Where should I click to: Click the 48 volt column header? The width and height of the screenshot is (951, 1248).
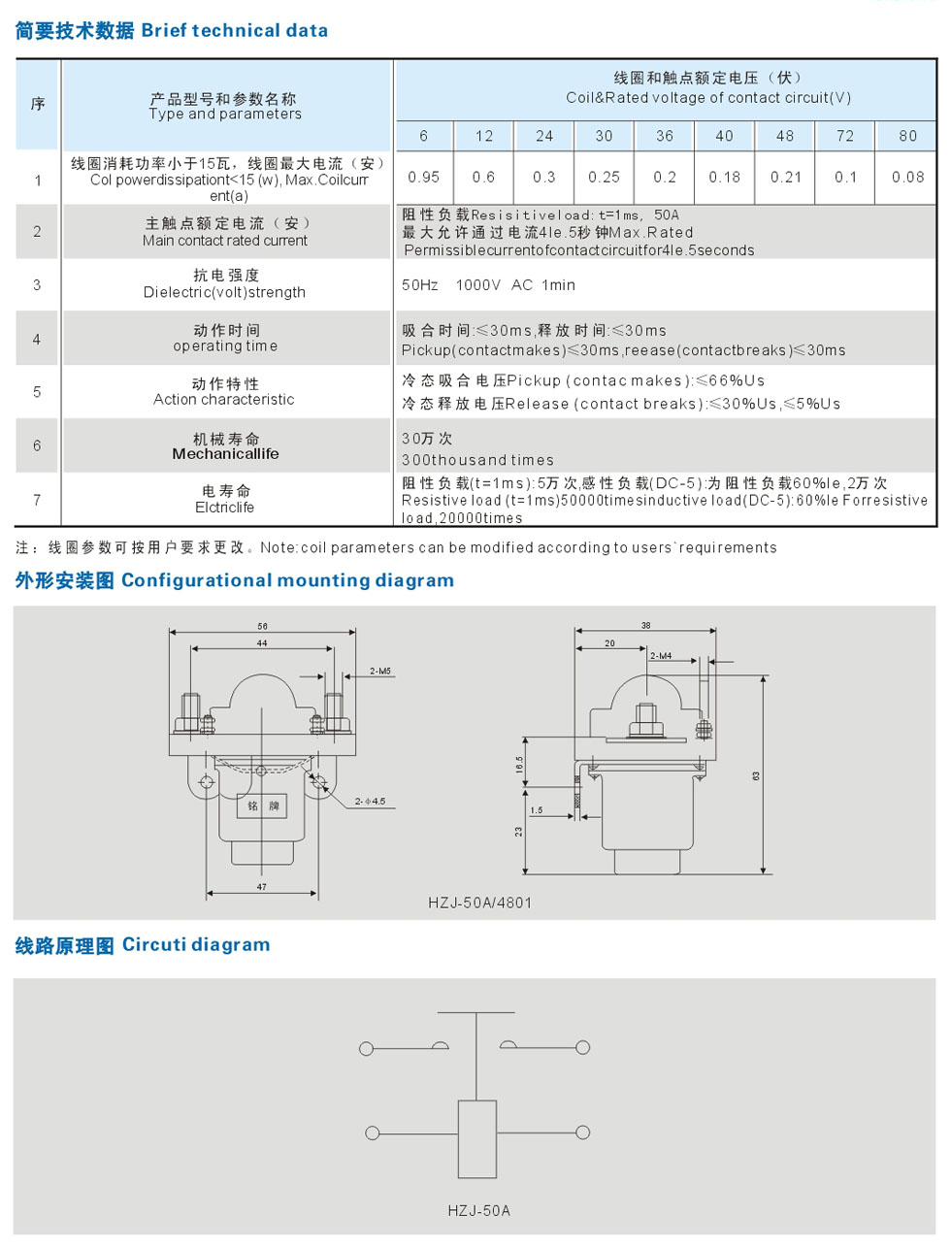785,136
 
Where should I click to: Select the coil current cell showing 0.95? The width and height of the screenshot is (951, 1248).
423,177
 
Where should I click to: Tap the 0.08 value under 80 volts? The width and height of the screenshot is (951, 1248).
907,177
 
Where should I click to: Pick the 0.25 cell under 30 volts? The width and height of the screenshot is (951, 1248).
604,177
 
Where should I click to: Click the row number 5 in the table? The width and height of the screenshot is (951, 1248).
37,392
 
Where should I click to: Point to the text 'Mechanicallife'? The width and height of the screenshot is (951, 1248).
225,454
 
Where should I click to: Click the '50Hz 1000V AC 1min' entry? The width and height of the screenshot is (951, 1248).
488,284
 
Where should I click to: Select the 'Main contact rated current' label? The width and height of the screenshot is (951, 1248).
225,241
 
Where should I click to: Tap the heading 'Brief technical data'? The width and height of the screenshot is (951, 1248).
235,30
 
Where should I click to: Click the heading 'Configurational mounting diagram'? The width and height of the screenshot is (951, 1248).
287,580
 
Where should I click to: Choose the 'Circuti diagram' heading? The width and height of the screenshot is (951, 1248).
196,944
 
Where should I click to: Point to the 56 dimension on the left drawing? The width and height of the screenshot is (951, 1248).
262,626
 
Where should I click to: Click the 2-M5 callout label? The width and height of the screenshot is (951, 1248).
380,671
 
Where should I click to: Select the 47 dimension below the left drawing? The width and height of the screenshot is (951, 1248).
262,887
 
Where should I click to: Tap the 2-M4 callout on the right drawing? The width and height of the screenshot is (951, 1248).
661,656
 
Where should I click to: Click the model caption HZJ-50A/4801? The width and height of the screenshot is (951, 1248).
479,903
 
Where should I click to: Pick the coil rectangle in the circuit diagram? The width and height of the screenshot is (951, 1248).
476,1138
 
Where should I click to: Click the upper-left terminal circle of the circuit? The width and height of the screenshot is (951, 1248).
366,1048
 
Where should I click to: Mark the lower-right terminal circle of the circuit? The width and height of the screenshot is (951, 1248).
582,1133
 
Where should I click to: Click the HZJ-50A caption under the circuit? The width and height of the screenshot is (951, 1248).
478,1210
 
